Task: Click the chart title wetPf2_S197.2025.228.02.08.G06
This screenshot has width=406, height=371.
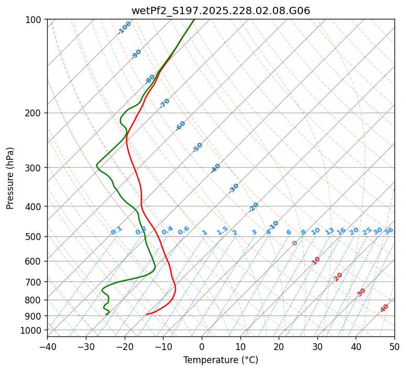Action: pos(221,10)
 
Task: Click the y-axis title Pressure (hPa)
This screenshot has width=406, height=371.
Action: pos(10,178)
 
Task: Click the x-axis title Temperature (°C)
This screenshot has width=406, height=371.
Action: pos(221,360)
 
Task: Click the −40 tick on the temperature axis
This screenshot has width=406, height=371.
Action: pos(47,346)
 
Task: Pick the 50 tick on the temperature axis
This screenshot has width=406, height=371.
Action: pos(394,346)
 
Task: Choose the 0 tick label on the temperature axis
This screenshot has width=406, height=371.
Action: pos(202,346)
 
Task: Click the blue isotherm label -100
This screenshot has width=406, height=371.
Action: pos(125,27)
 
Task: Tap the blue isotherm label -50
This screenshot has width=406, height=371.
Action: pos(197,147)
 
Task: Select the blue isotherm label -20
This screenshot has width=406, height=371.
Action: pos(254,207)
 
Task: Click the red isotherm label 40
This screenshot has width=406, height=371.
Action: pos(385,308)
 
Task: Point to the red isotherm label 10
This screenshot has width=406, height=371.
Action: pos(316,260)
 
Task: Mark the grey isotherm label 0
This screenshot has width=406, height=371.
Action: pos(295,243)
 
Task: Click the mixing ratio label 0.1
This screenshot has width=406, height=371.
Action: pos(116,230)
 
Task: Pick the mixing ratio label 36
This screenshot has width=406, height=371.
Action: pos(389,231)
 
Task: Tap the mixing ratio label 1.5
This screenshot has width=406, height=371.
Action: pos(222,230)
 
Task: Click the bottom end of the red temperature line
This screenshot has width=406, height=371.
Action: pos(147,314)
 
